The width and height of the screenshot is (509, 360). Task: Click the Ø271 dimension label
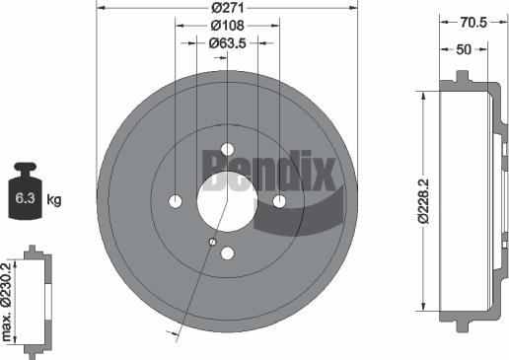tap(227, 8)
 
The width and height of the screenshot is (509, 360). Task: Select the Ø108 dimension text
tap(227, 25)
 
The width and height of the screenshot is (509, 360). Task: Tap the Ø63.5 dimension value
tap(227, 43)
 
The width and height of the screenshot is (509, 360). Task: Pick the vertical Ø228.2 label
tap(422, 201)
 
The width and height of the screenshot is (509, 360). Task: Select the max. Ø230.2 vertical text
tap(9, 300)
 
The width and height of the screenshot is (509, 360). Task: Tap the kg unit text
tap(54, 200)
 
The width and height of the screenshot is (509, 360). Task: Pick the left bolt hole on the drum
tap(176, 201)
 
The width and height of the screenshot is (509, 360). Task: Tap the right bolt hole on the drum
tap(279, 201)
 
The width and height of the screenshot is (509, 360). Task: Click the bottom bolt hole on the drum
tap(227, 253)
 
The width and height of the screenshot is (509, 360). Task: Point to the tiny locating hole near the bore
tap(212, 240)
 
